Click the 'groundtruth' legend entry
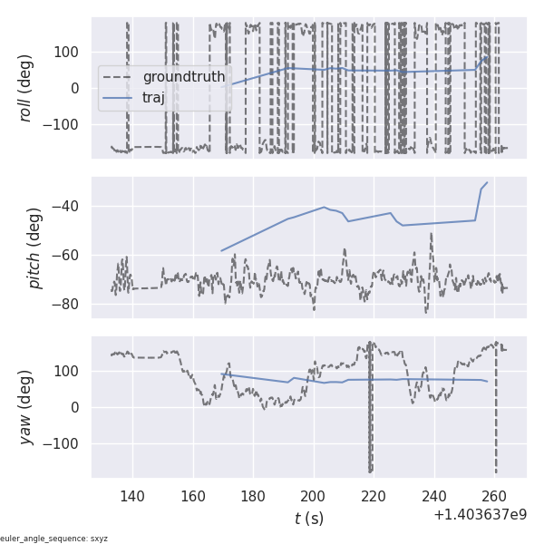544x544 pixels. [184, 77]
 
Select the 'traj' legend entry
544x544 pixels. [154, 97]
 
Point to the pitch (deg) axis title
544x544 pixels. [34, 248]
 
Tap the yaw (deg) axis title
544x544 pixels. [27, 407]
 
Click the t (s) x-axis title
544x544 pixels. [308, 519]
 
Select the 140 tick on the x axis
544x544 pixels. [132, 497]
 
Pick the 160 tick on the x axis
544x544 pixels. [193, 497]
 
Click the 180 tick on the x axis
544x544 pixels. [253, 497]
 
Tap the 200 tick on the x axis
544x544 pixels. [314, 497]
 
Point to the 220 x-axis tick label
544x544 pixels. [374, 497]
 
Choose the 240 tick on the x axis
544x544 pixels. [434, 497]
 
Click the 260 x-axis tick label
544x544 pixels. [494, 497]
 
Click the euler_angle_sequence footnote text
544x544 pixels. [54, 539]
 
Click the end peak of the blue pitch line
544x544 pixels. [487, 182]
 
